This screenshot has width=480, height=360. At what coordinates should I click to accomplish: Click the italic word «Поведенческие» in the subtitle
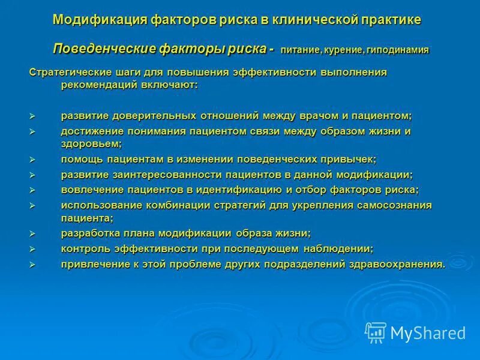[x=101, y=49]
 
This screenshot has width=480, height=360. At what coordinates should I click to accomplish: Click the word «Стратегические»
[x=67, y=72]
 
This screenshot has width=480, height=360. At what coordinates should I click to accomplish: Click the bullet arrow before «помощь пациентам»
[x=34, y=160]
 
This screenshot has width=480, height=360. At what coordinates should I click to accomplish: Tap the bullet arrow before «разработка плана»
[x=34, y=234]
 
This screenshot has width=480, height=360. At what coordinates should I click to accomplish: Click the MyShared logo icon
[x=376, y=332]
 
